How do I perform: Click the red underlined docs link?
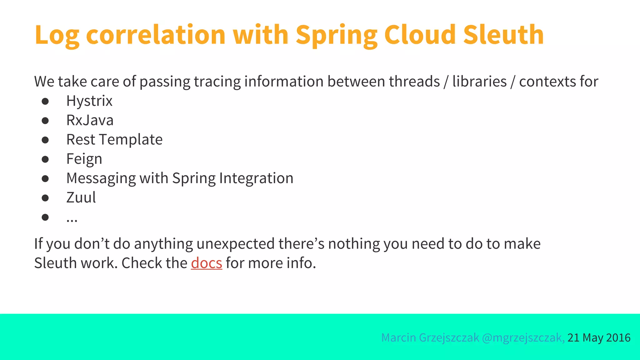[x=206, y=263]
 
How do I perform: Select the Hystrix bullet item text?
[x=89, y=101]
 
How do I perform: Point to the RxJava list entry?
[x=90, y=120]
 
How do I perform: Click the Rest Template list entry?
[x=114, y=140]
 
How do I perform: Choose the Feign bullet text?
[x=84, y=159]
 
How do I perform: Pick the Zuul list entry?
[x=81, y=197]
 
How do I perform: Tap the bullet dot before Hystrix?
[x=45, y=101]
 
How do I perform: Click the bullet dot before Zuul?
[x=45, y=198]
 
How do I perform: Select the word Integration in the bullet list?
[x=256, y=178]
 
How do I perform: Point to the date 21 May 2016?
[x=599, y=338]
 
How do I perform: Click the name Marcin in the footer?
[x=398, y=338]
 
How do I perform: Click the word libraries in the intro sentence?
[x=479, y=82]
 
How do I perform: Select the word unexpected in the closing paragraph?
[x=236, y=244]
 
